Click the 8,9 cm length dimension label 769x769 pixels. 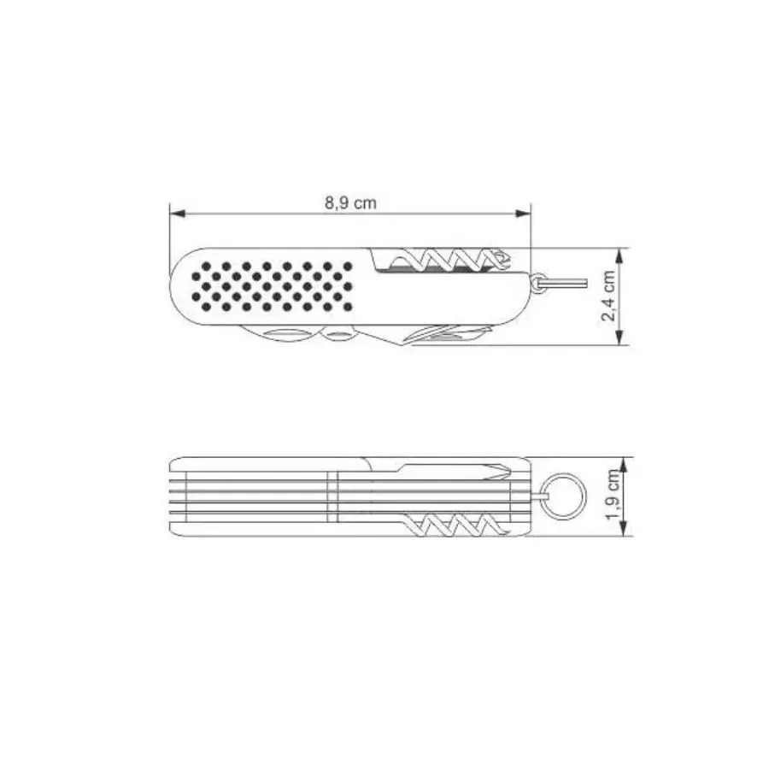tap(350, 203)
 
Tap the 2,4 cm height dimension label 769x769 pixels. tap(608, 296)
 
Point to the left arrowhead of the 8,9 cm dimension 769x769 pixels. tap(177, 214)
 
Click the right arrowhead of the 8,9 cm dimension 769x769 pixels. tap(523, 214)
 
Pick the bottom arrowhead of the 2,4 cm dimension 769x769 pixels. tap(621, 338)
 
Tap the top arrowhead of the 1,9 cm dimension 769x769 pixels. tap(624, 465)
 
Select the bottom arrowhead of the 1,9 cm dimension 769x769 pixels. tap(624, 527)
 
